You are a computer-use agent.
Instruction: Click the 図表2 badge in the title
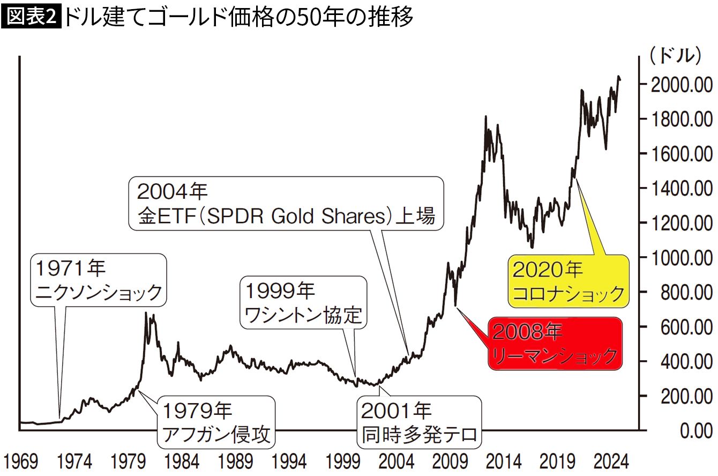[32, 18]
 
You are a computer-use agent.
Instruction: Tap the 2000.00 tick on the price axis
[679, 85]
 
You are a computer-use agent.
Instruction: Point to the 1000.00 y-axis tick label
[679, 258]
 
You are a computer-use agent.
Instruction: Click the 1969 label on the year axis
[20, 462]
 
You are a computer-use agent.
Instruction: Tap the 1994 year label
[289, 462]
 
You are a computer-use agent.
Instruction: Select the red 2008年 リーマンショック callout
[554, 343]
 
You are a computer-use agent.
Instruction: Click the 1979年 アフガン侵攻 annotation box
[216, 422]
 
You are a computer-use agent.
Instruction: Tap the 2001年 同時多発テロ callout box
[419, 422]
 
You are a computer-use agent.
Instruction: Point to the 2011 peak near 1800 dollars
[485, 116]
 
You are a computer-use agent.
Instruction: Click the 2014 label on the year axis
[503, 462]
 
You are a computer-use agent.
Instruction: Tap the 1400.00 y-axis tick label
[679, 188]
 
